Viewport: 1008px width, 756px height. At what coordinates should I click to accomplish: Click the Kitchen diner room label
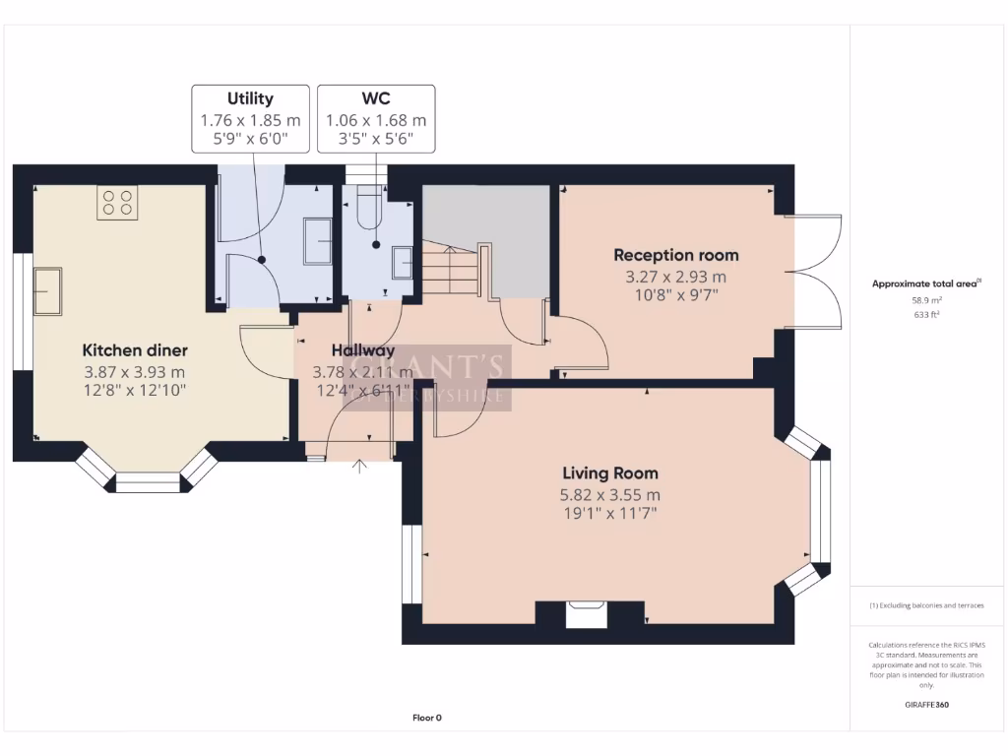click(x=135, y=350)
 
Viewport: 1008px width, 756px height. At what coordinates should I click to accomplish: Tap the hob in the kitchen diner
click(x=117, y=203)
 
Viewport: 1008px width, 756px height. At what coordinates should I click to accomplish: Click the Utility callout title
click(x=250, y=98)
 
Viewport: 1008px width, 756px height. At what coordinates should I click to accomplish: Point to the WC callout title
click(x=376, y=98)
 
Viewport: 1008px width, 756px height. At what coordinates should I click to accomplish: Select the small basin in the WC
click(x=403, y=264)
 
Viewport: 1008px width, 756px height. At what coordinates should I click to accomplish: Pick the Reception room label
click(x=675, y=255)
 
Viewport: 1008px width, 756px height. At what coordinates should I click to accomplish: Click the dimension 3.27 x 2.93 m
click(x=675, y=277)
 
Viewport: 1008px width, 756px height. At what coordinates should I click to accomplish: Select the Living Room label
click(x=610, y=473)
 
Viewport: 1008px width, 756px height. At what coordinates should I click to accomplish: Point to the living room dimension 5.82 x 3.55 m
click(x=610, y=495)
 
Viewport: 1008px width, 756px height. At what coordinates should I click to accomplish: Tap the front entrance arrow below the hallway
click(x=360, y=466)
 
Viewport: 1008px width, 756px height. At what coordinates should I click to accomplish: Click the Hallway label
click(x=363, y=350)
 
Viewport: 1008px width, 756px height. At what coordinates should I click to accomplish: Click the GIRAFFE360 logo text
click(x=926, y=705)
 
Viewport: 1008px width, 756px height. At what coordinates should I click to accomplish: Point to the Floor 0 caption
click(x=427, y=718)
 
